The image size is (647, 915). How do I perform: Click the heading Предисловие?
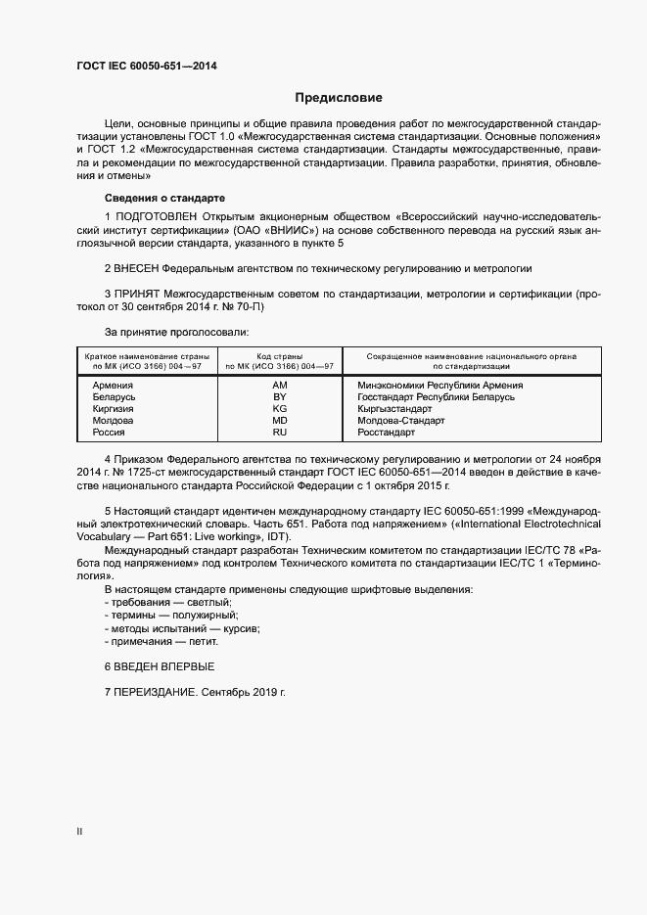tap(339, 98)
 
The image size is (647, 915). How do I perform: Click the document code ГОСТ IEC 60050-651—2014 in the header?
tap(146, 67)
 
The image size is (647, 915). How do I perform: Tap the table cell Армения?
tap(113, 386)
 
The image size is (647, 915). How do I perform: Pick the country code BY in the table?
tap(280, 397)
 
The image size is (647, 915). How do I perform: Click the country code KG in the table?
tap(280, 409)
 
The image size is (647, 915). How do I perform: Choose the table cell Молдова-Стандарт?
tap(401, 420)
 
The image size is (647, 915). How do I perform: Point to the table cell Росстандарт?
tap(387, 432)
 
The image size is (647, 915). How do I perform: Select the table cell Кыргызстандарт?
tap(394, 409)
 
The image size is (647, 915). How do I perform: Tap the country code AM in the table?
tap(280, 386)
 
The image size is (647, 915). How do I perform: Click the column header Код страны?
tap(280, 356)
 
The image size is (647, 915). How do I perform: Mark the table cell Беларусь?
tap(114, 397)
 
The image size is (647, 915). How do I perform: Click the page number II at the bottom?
tap(79, 832)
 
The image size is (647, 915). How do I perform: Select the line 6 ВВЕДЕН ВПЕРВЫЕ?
tap(159, 665)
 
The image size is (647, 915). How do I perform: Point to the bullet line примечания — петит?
tap(161, 641)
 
